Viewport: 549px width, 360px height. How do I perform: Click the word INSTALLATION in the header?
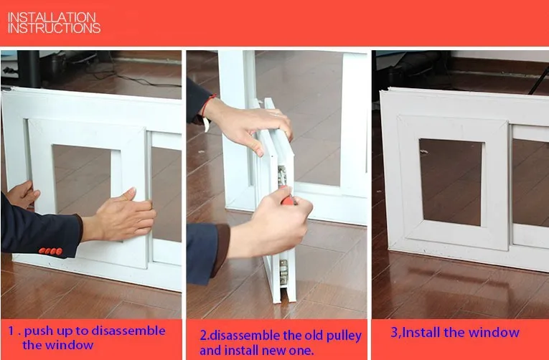(52, 17)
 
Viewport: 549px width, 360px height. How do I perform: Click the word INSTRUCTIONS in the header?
(54, 28)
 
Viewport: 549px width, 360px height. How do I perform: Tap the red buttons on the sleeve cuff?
(51, 251)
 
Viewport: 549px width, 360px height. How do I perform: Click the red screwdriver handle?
(288, 199)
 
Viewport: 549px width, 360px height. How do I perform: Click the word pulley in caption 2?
(344, 336)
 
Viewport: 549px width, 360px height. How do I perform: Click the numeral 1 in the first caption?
(11, 331)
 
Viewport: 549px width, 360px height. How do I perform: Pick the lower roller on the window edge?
(283, 272)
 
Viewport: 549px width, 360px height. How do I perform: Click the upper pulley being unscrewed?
(282, 175)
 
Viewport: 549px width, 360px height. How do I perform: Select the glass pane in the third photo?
(451, 182)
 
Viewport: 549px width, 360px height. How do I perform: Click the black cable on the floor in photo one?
(140, 79)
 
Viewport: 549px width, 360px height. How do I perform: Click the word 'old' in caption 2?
(314, 335)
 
